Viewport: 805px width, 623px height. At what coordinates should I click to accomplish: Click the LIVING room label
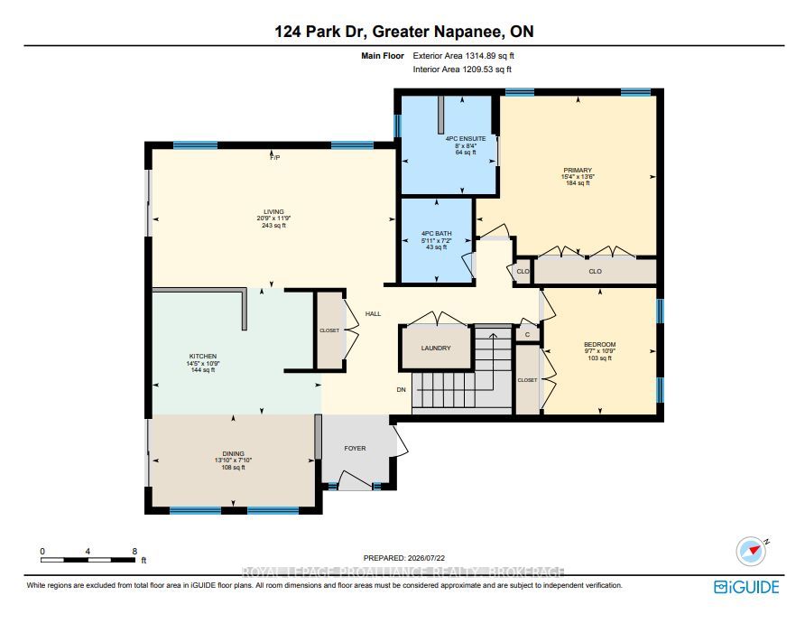click(x=273, y=211)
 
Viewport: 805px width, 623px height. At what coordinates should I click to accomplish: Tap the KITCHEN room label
click(x=203, y=356)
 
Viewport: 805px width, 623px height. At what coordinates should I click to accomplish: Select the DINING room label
click(x=233, y=453)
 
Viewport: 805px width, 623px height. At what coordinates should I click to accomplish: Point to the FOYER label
click(x=355, y=449)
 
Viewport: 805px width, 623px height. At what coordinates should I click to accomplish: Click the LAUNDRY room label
click(x=436, y=348)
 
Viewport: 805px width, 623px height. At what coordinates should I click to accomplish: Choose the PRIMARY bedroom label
click(x=578, y=170)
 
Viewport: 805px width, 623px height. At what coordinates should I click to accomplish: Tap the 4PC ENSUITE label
click(x=466, y=139)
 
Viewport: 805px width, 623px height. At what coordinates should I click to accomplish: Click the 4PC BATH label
click(x=437, y=234)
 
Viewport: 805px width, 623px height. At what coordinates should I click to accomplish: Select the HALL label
click(x=374, y=313)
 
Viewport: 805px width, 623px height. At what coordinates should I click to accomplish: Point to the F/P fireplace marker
click(x=275, y=158)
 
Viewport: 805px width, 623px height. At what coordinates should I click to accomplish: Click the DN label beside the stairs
click(x=402, y=389)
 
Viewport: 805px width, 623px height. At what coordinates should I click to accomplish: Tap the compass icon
click(x=752, y=552)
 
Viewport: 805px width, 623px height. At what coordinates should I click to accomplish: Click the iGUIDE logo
click(x=746, y=587)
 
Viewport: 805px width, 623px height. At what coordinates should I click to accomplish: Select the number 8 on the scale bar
click(x=134, y=551)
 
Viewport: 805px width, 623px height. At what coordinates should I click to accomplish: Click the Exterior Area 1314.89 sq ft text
click(x=464, y=55)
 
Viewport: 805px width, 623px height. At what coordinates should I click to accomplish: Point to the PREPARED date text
click(x=404, y=558)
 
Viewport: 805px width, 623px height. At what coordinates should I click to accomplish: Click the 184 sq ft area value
click(x=578, y=183)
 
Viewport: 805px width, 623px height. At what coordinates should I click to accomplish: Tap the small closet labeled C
click(x=527, y=335)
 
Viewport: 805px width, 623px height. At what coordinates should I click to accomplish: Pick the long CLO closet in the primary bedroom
click(x=595, y=271)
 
